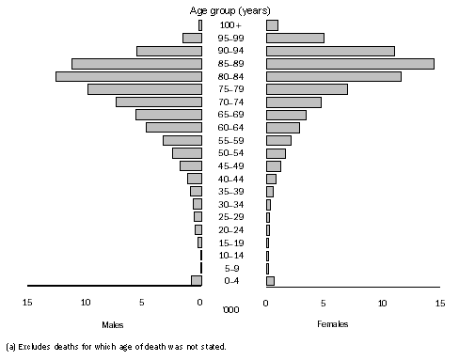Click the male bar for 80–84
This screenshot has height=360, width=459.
(x=128, y=76)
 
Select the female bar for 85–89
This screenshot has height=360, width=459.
(x=349, y=63)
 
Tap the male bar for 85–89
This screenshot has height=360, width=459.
(x=135, y=63)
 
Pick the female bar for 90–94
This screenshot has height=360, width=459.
(x=329, y=51)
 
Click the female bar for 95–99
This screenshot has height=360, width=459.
(x=294, y=38)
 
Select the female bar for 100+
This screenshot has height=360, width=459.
(x=272, y=24)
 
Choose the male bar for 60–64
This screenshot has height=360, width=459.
(x=173, y=127)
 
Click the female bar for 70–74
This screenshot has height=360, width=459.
(x=293, y=102)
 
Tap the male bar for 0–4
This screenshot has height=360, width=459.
(x=196, y=280)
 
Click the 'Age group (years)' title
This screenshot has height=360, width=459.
(x=229, y=9)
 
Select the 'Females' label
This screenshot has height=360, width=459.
(x=332, y=324)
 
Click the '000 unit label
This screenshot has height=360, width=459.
(x=229, y=308)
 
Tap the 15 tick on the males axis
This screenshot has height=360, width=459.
(x=28, y=302)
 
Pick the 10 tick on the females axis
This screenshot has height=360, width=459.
(x=382, y=302)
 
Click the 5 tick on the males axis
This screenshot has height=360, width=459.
(x=142, y=302)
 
